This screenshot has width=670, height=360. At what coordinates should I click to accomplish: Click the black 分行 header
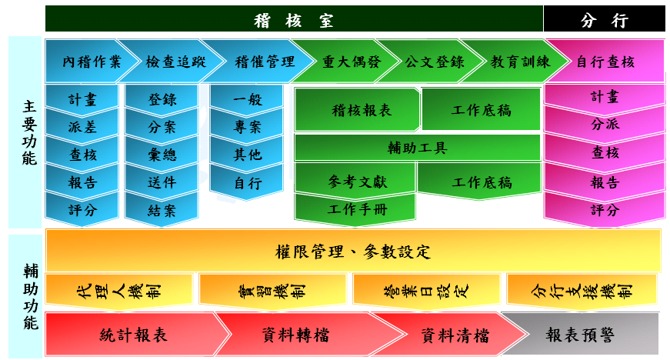(604, 18)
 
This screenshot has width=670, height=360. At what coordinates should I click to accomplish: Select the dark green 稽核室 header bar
(294, 18)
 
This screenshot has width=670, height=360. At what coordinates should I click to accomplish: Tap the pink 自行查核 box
(605, 61)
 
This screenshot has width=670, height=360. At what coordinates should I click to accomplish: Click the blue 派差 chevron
(82, 127)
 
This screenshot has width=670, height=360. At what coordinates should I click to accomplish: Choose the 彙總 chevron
(162, 154)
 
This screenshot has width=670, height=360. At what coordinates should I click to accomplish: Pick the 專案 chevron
(247, 127)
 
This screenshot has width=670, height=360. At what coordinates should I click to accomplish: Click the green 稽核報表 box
(357, 110)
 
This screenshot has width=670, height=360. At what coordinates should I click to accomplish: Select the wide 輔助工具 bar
(418, 148)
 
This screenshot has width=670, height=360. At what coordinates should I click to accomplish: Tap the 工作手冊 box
(355, 209)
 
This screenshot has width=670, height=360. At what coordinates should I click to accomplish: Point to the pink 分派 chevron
(604, 125)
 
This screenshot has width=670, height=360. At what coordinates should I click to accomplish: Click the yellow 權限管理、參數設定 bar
(353, 251)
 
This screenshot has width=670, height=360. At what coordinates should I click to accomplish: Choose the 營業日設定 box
(426, 291)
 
